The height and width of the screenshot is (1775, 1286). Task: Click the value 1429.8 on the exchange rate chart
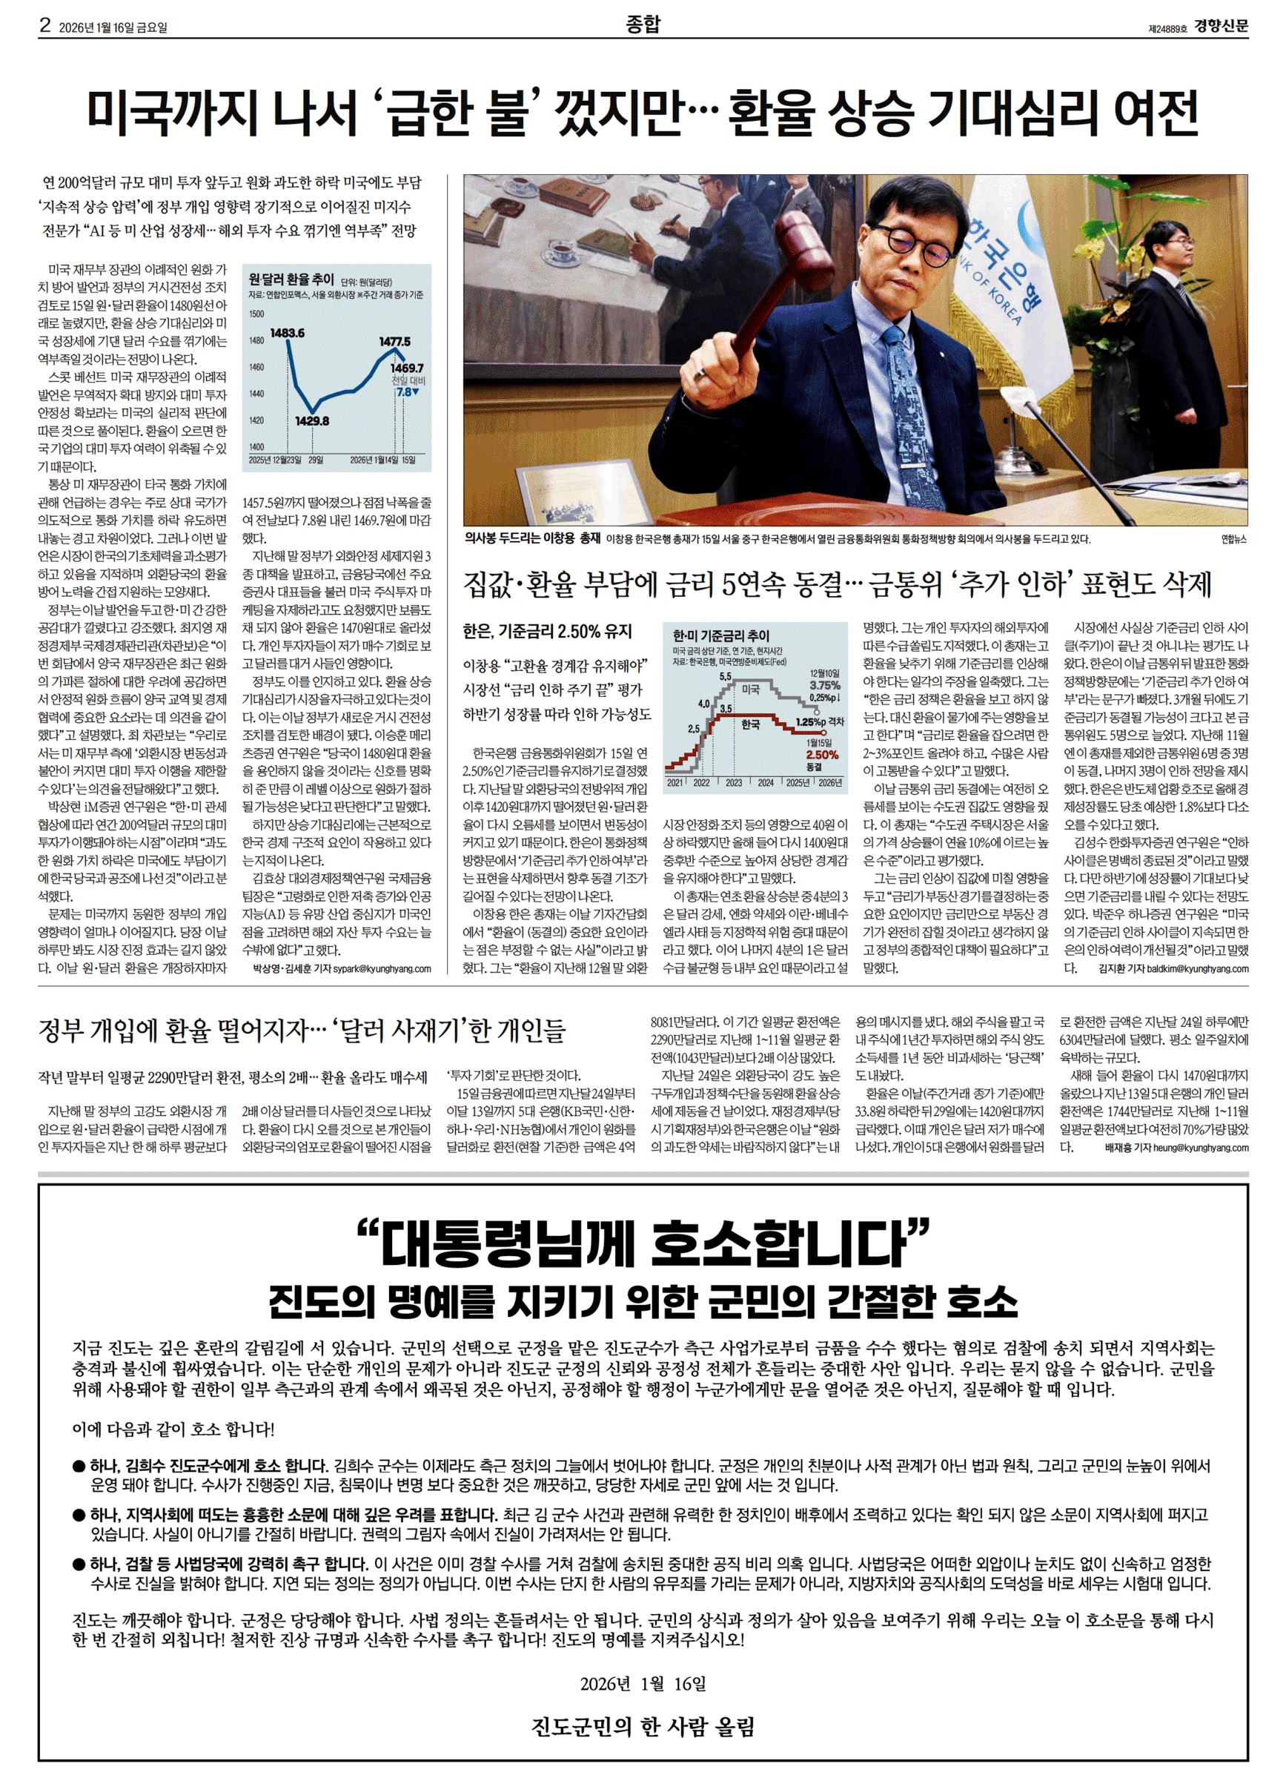click(x=311, y=420)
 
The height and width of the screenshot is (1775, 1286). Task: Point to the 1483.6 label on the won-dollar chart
click(x=287, y=333)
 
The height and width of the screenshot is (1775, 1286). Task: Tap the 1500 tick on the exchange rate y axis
click(x=256, y=314)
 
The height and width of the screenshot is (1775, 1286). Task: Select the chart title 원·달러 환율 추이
click(x=291, y=280)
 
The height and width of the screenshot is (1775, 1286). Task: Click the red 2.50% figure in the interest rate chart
click(x=823, y=755)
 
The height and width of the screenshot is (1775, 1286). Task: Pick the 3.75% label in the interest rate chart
click(x=824, y=685)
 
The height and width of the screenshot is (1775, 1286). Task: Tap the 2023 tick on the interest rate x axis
click(x=734, y=781)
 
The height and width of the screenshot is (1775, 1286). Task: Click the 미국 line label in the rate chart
click(x=751, y=690)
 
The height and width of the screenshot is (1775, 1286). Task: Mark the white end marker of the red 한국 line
click(x=817, y=733)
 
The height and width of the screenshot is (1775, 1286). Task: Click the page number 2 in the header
click(x=45, y=26)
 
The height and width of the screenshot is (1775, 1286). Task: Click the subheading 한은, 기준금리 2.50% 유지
click(x=547, y=632)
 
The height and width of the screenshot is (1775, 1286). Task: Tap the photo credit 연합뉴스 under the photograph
click(x=1233, y=539)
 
